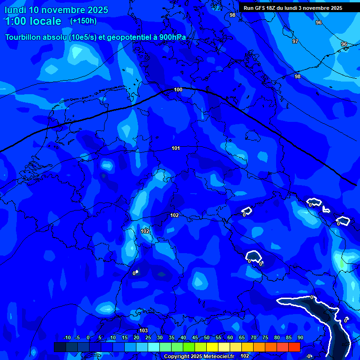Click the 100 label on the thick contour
[x=178, y=90]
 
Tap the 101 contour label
[x=176, y=148]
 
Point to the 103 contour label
[x=143, y=330]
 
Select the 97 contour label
[x=295, y=41]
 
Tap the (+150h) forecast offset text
[x=83, y=21]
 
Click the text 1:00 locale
[x=33, y=21]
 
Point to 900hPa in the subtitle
[x=172, y=37]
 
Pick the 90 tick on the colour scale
[x=300, y=338]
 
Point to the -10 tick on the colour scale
[x=66, y=338]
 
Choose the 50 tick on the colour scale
[x=207, y=338]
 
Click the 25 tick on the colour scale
[x=148, y=338]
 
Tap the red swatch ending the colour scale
[x=294, y=347]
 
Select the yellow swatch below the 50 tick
[x=212, y=347]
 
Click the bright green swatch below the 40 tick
[x=189, y=347]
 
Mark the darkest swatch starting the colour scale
[x=60, y=347]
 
